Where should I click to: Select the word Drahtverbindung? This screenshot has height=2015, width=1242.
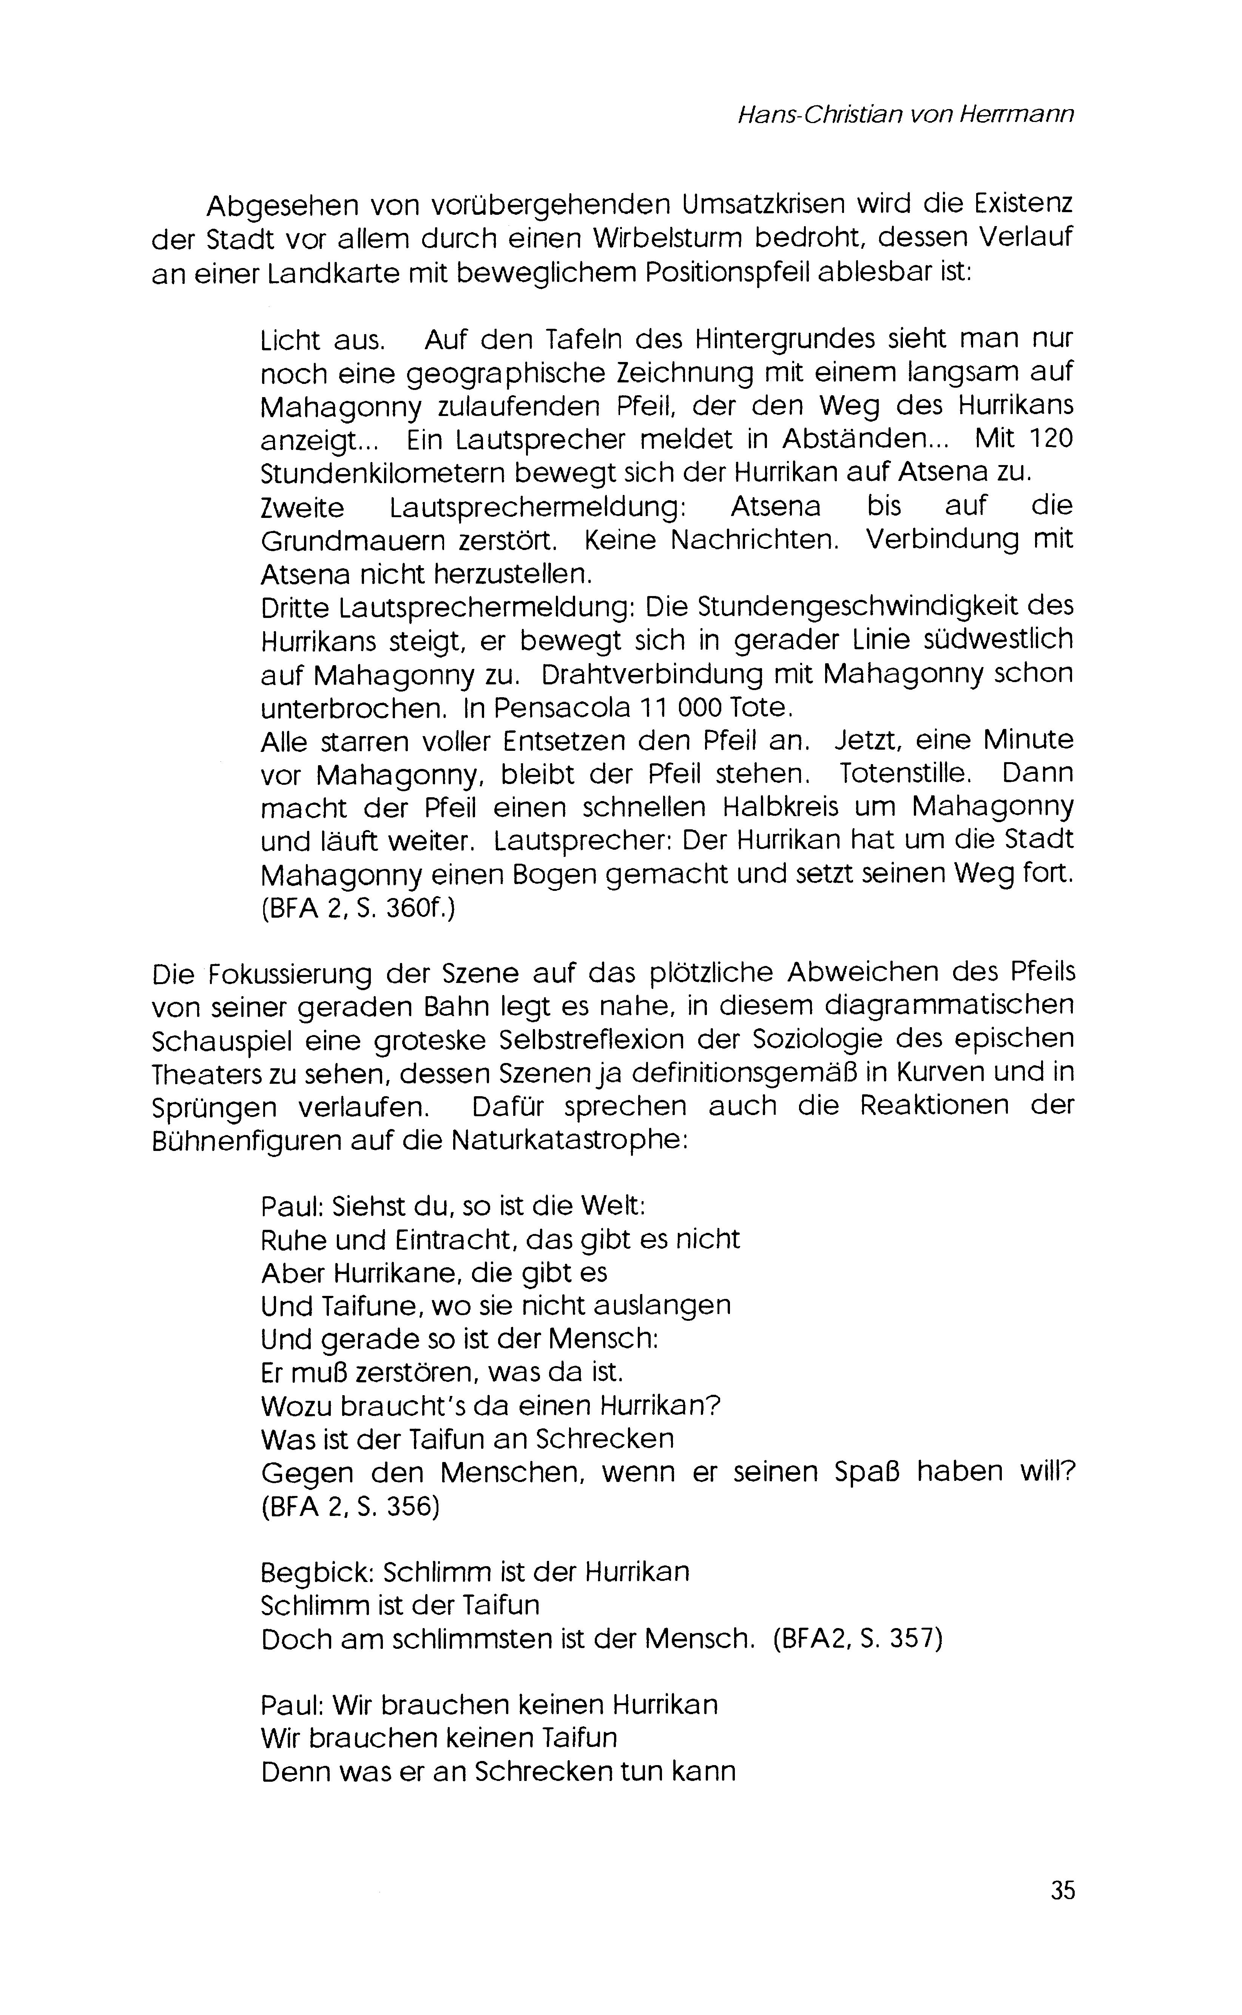675,673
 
